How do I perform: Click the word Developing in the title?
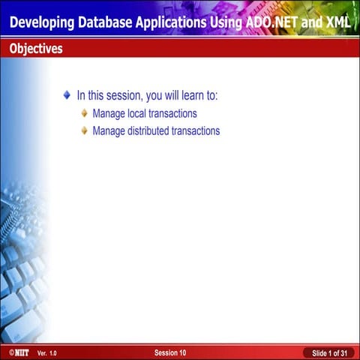pos(42,22)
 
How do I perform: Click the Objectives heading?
pos(35,49)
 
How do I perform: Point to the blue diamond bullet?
pos(67,96)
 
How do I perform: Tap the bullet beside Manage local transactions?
pos(84,114)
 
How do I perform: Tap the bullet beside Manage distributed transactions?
pos(84,130)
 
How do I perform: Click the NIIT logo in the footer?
pos(15,352)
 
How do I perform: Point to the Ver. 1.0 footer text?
pos(46,352)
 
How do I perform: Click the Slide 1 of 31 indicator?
pos(329,352)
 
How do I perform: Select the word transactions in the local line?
pos(173,114)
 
